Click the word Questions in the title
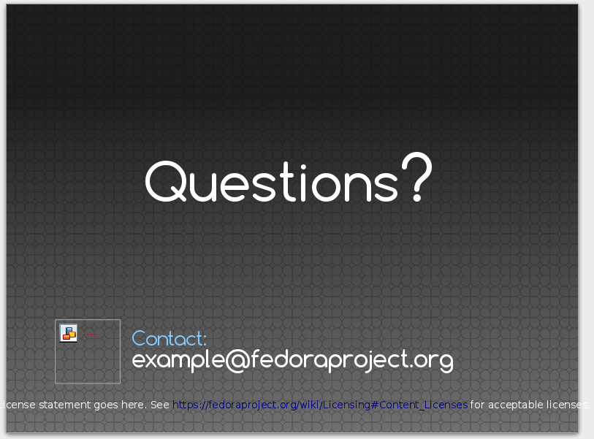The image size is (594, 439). coord(271,182)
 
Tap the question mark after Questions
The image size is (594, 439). coord(416,177)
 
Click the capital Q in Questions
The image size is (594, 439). coord(166,181)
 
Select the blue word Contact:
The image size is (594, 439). coord(170,338)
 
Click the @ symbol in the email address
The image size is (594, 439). coord(237,360)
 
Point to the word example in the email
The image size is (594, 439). coord(178,360)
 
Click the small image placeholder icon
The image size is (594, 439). coord(69,333)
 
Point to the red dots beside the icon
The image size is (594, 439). coord(91,335)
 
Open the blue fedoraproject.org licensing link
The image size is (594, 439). coord(320,405)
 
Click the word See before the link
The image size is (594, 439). coord(159,405)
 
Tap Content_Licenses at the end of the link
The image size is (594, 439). coord(423,405)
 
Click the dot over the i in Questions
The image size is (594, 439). coord(303,167)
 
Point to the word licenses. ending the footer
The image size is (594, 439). coord(570,405)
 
